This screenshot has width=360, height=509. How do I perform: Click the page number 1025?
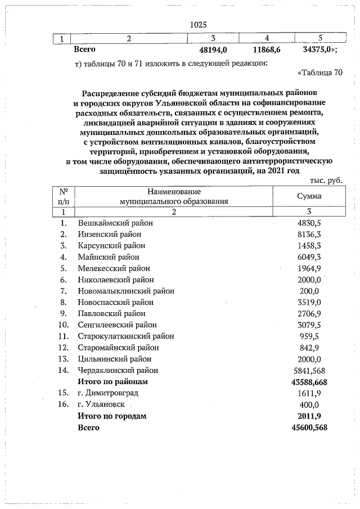(x=198, y=24)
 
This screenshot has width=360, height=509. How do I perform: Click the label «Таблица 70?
(x=318, y=73)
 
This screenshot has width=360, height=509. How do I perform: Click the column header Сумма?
(x=309, y=196)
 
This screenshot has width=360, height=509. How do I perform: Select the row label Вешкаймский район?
(x=115, y=223)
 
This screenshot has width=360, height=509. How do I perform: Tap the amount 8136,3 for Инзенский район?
(x=309, y=234)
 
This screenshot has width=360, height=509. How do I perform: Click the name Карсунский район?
(x=111, y=246)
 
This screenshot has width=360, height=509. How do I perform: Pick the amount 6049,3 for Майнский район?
(x=309, y=257)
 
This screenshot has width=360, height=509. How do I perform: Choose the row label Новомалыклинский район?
(x=126, y=291)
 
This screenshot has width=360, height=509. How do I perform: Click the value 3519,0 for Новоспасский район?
(x=309, y=302)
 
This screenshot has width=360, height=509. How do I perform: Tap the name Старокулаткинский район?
(x=126, y=336)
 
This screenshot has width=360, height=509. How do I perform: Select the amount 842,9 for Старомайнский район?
(x=309, y=348)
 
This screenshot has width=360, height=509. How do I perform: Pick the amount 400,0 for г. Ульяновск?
(x=309, y=404)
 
